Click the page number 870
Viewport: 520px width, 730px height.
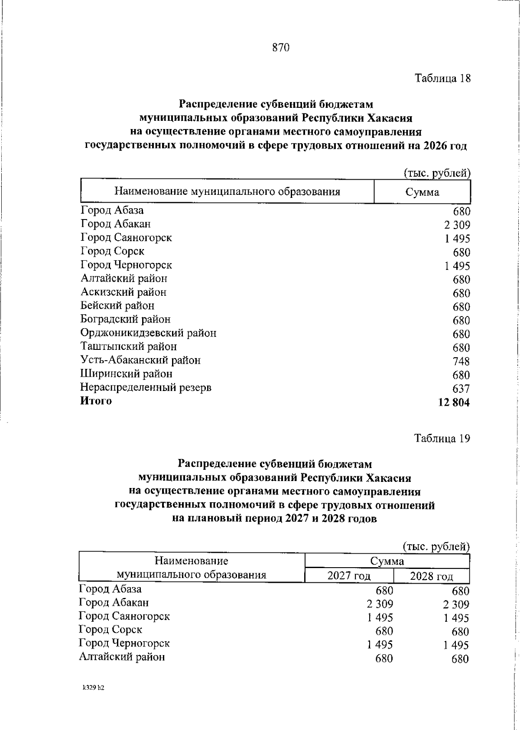tap(280, 48)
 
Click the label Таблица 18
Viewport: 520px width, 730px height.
tap(442, 78)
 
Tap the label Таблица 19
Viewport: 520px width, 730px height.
tap(442, 438)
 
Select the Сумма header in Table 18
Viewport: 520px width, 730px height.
tap(422, 192)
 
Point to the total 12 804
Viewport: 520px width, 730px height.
tap(454, 402)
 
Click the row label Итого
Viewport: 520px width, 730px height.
tap(96, 401)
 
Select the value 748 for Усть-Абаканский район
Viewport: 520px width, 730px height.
tap(461, 362)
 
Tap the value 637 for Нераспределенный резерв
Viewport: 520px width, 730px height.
tap(461, 389)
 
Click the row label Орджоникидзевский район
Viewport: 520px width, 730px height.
tap(148, 333)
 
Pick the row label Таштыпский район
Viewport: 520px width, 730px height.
tap(129, 346)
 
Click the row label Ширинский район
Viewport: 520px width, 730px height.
tap(126, 374)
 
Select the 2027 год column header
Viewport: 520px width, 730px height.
tap(349, 576)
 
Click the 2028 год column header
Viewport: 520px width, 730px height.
tap(432, 576)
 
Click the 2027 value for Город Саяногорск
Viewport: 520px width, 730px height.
tap(380, 618)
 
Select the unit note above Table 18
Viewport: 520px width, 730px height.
tap(437, 173)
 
